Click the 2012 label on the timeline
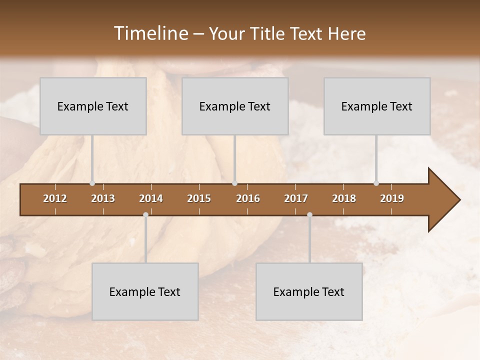(x=55, y=198)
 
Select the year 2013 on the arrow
(x=103, y=198)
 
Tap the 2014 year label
(x=151, y=198)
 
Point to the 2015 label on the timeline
(x=199, y=198)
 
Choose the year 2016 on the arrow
(x=248, y=198)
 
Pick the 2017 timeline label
(x=296, y=198)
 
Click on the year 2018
(x=344, y=198)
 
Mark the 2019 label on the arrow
(x=392, y=198)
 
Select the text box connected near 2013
(x=93, y=106)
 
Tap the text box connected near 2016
(x=235, y=106)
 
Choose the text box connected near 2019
(x=377, y=106)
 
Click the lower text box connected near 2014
(x=145, y=292)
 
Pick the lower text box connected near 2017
(x=309, y=292)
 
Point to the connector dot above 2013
(x=92, y=183)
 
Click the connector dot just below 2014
(x=145, y=215)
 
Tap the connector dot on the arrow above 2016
(x=235, y=183)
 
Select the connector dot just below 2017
(x=309, y=215)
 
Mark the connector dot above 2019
(x=376, y=183)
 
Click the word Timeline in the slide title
(x=150, y=33)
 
